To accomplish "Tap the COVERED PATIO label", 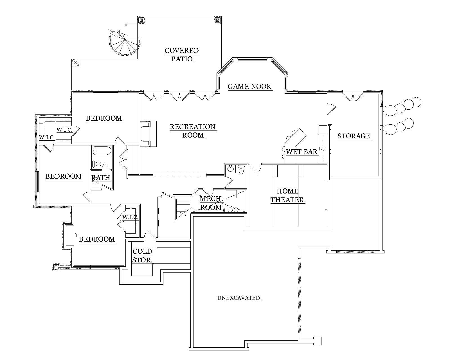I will (x=182, y=55).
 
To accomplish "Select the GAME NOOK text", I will (x=249, y=86).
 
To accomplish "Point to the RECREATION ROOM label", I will (x=193, y=131).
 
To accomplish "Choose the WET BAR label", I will (x=301, y=152).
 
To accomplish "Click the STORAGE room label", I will (x=354, y=136).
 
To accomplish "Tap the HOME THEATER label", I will (x=287, y=195).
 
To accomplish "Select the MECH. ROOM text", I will (x=210, y=203).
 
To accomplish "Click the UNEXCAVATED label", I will (x=238, y=298).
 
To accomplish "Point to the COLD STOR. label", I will (x=142, y=256).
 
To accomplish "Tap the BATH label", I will (x=101, y=178).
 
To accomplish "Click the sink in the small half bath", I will (x=231, y=169).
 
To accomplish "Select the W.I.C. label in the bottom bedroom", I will (x=130, y=217).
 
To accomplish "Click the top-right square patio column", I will (x=218, y=20).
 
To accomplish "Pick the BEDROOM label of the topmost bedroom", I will (x=104, y=118).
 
